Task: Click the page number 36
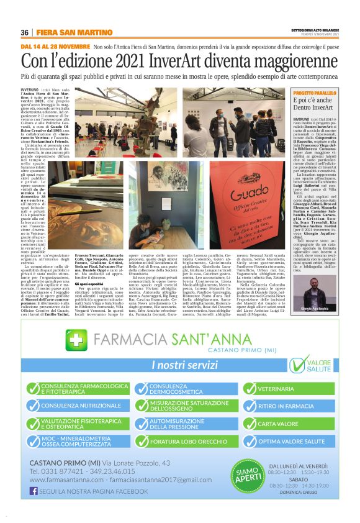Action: (24, 32)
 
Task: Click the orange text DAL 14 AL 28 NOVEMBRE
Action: (55, 47)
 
